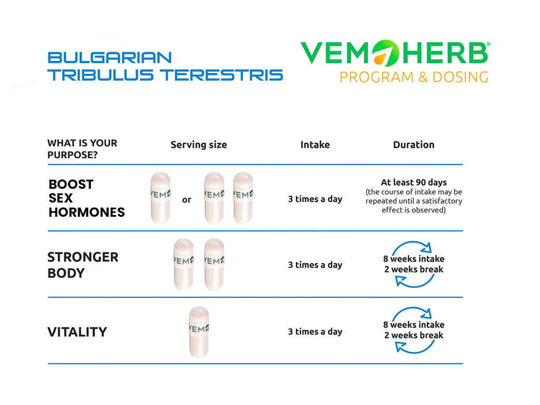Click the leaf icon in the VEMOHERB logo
pyautogui.click(x=385, y=53)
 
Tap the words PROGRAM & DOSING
pyautogui.click(x=414, y=77)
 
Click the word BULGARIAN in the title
pyautogui.click(x=110, y=57)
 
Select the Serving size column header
pyautogui.click(x=199, y=145)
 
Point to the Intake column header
pyautogui.click(x=315, y=144)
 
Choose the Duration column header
pyautogui.click(x=413, y=144)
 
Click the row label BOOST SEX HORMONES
pyautogui.click(x=87, y=198)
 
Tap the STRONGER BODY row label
pyautogui.click(x=83, y=265)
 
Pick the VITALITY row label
pyautogui.click(x=77, y=332)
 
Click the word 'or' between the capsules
pyautogui.click(x=187, y=200)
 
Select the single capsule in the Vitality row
pyautogui.click(x=199, y=332)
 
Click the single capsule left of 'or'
pyautogui.click(x=160, y=198)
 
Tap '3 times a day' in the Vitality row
pyautogui.click(x=315, y=332)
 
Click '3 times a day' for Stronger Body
pyautogui.click(x=315, y=265)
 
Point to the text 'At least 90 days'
pyautogui.click(x=413, y=182)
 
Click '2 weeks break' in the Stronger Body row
pyautogui.click(x=413, y=269)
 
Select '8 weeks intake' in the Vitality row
pyautogui.click(x=413, y=325)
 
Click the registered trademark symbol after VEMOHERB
pyautogui.click(x=488, y=44)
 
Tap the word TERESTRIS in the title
pyautogui.click(x=221, y=75)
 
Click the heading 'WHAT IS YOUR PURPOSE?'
pyautogui.click(x=82, y=149)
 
